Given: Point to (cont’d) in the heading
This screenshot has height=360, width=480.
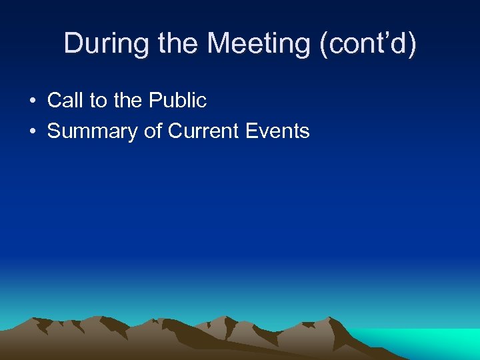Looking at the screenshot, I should (x=367, y=44).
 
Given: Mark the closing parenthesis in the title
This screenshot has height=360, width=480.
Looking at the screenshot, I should (x=412, y=45).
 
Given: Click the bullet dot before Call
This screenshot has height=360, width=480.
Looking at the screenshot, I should (x=32, y=101).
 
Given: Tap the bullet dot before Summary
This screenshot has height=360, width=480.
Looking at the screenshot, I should (x=32, y=131).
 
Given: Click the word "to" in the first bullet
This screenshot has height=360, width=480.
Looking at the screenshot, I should (x=98, y=101).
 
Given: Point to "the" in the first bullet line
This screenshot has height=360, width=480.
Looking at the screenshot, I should (x=127, y=101).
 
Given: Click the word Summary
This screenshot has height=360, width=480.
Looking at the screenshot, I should (x=93, y=131).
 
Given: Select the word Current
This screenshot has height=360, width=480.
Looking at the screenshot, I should (x=204, y=131).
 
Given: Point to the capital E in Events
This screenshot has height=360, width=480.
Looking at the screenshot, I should (x=252, y=131).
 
